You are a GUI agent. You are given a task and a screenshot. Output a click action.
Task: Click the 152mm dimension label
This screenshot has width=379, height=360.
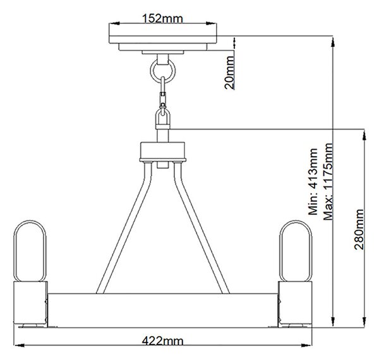click(x=162, y=19)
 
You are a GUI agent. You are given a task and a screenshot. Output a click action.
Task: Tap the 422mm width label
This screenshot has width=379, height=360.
click(x=162, y=341)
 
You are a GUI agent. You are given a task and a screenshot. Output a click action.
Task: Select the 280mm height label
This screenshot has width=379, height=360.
click(x=359, y=229)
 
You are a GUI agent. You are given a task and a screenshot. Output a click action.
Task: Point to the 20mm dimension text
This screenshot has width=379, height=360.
click(x=229, y=73)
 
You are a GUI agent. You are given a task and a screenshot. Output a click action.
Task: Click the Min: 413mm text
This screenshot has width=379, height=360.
click(x=313, y=181)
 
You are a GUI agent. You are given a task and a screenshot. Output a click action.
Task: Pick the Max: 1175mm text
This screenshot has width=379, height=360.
click(x=328, y=181)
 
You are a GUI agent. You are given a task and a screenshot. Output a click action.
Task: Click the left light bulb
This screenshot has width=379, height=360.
click(x=30, y=251)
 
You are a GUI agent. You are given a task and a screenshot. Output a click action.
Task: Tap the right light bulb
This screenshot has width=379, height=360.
click(x=296, y=251)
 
